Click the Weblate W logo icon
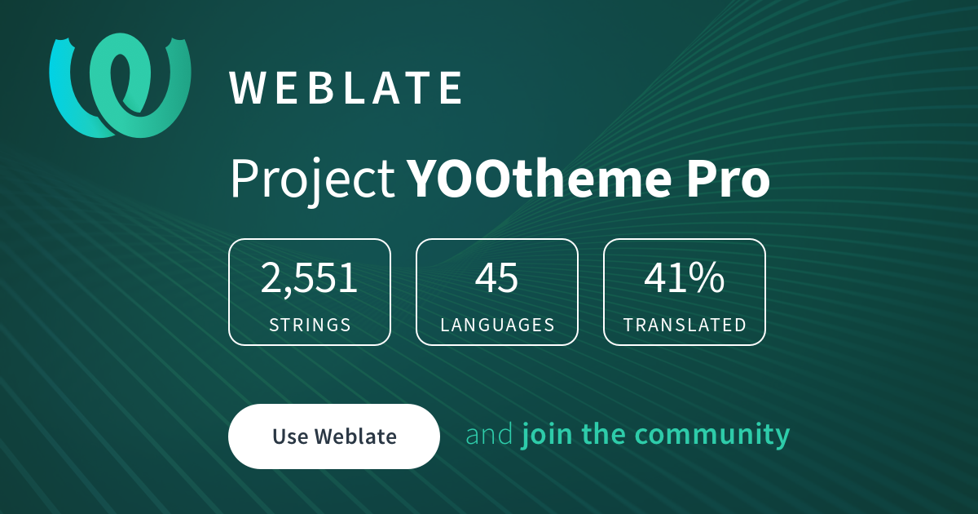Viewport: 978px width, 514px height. (121, 85)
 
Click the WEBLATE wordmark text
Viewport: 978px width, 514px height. (346, 88)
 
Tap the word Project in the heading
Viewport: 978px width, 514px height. (312, 179)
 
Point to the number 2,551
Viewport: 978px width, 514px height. (310, 279)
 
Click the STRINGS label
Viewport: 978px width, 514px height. (310, 325)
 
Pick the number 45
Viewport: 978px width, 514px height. (496, 279)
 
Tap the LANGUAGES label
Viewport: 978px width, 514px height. (497, 325)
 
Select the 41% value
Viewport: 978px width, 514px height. (684, 279)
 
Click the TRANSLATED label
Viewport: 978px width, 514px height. (685, 325)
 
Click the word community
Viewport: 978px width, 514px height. (713, 435)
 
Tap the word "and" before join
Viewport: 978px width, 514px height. (489, 435)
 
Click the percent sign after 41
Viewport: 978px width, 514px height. (707, 279)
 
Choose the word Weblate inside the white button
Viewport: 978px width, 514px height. (355, 436)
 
